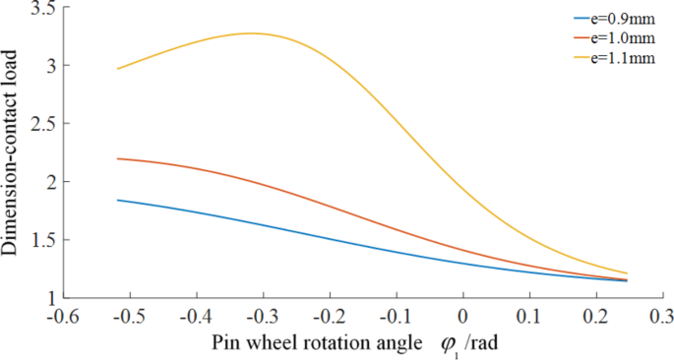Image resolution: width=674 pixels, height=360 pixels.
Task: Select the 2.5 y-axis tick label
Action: (x=40, y=124)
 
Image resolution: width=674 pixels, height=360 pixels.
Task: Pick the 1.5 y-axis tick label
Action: (x=40, y=240)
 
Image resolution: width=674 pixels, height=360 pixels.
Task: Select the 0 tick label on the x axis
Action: (x=463, y=317)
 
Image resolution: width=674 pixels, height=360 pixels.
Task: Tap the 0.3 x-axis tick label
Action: (x=662, y=317)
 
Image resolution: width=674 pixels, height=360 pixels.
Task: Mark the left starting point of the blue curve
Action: (x=117, y=200)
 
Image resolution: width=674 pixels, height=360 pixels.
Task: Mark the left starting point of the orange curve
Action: (x=117, y=158)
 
